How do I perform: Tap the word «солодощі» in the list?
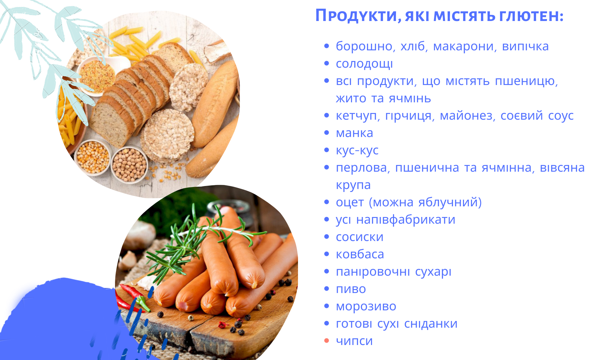point(364,64)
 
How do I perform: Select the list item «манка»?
point(354,133)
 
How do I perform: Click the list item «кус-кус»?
point(357,151)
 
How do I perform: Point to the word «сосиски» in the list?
point(360,237)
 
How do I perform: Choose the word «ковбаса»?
point(360,254)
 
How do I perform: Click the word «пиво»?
point(351,289)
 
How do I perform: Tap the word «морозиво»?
point(366,306)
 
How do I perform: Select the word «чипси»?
point(354,341)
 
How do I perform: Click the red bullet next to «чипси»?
point(327,341)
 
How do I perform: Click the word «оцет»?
point(350,203)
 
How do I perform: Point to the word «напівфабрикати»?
point(406,220)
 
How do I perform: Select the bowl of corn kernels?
point(93,157)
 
